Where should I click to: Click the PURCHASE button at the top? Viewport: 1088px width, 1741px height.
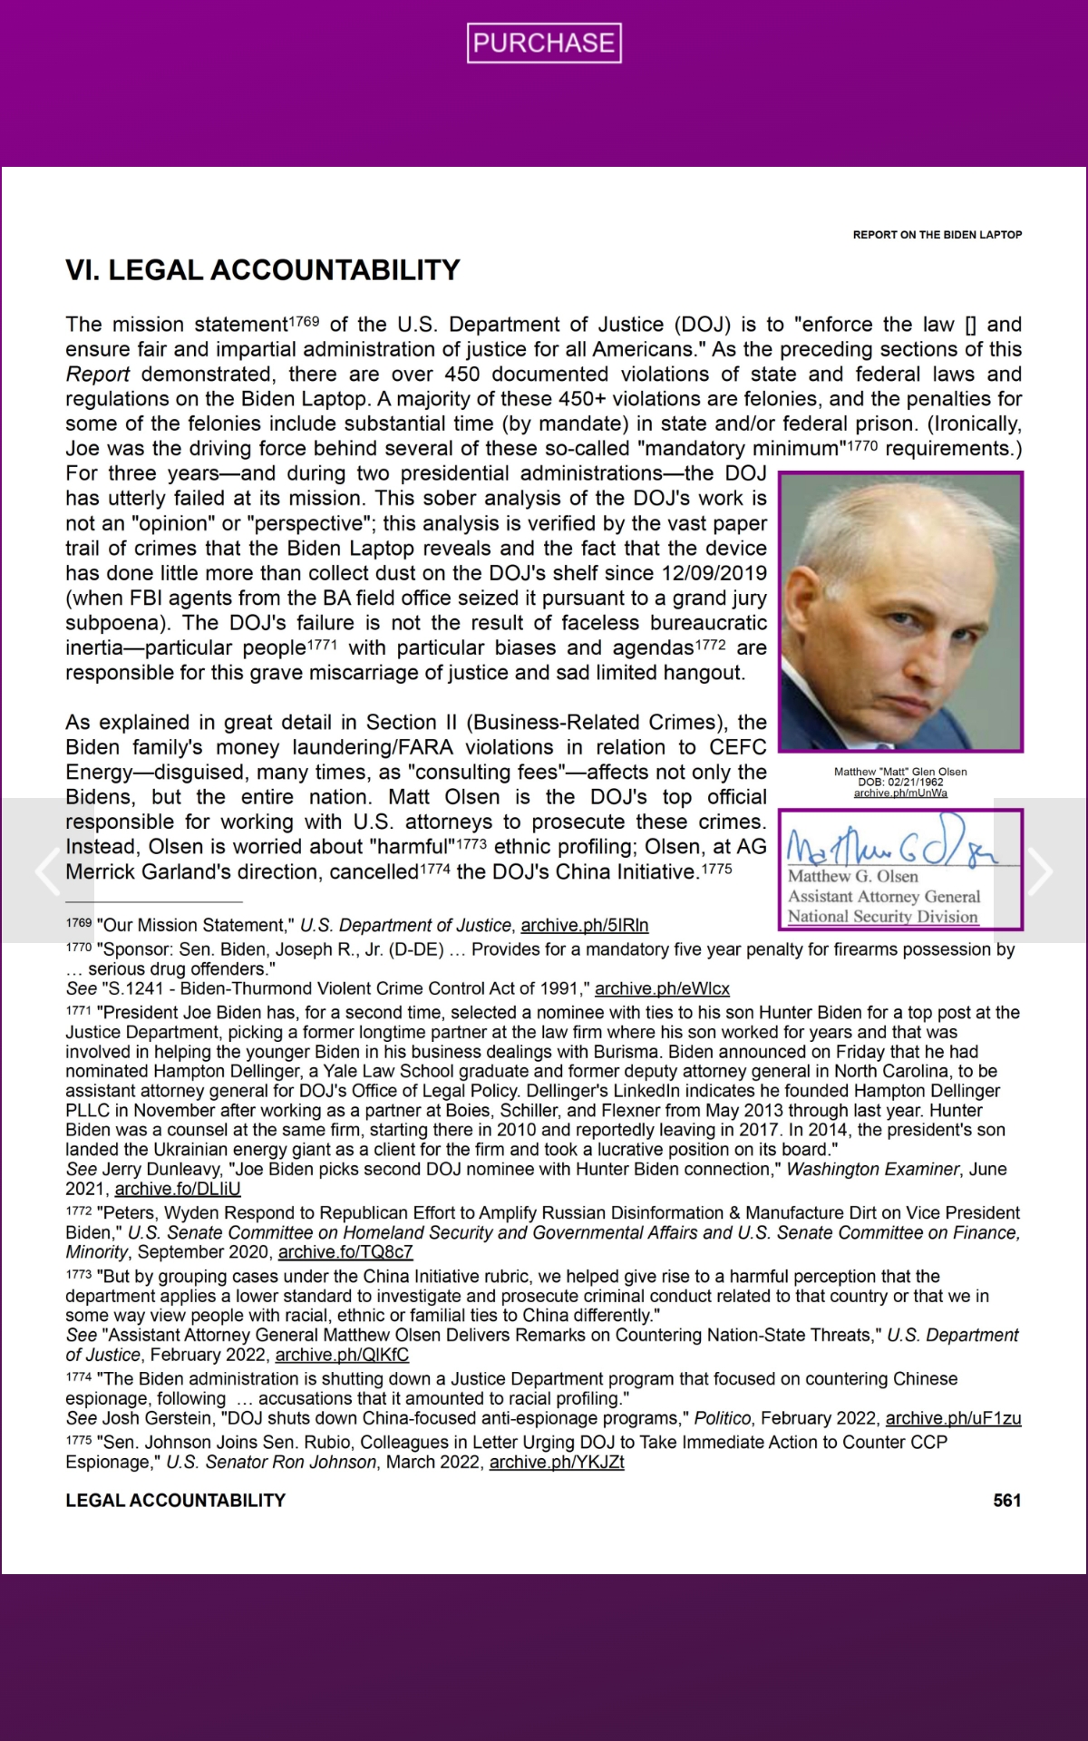point(544,43)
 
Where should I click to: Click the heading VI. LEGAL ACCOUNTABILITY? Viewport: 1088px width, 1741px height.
point(263,270)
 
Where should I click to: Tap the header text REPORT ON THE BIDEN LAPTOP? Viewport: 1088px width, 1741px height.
point(937,235)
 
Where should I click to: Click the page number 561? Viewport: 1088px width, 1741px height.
point(1006,1501)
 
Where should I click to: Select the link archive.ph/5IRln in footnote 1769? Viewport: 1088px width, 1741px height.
point(585,926)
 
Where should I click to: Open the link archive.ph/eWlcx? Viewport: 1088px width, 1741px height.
point(662,989)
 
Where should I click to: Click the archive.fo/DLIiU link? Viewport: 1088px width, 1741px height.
point(178,1189)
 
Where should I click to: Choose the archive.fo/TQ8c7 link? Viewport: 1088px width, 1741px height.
point(345,1252)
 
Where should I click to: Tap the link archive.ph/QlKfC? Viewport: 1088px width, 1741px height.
point(342,1356)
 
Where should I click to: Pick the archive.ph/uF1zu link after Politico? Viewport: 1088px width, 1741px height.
point(953,1419)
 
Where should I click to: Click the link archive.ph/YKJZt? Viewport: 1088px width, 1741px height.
point(557,1463)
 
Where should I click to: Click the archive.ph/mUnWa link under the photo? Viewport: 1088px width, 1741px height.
point(900,793)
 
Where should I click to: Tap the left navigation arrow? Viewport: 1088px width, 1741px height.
point(45,870)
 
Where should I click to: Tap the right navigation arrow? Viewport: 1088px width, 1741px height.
point(1041,870)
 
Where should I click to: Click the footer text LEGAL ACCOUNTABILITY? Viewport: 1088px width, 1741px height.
point(175,1501)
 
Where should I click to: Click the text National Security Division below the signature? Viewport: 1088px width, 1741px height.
point(882,917)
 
